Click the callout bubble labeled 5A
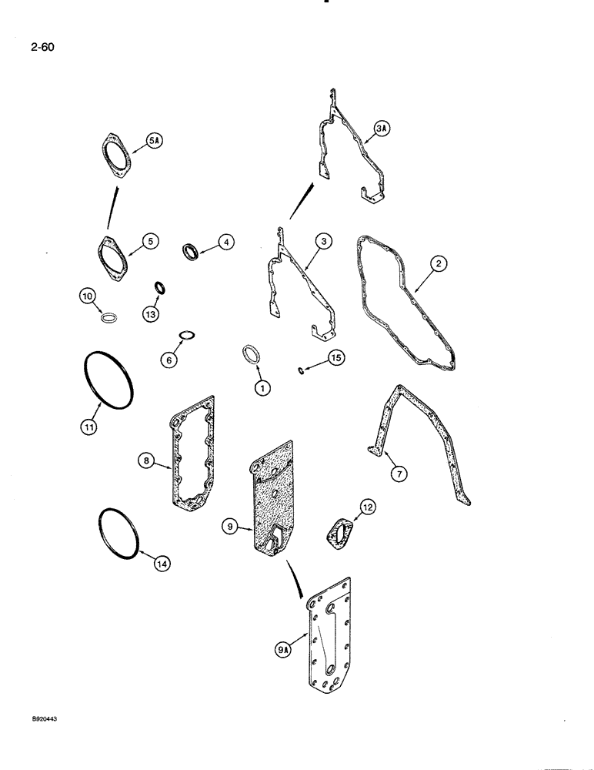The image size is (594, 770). [153, 140]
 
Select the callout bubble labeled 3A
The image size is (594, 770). [382, 129]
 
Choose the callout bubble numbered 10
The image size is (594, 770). [88, 295]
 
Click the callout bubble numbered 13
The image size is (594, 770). [149, 314]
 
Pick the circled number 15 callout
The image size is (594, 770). [335, 357]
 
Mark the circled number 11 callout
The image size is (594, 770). [88, 426]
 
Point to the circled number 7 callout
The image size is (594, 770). [396, 474]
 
